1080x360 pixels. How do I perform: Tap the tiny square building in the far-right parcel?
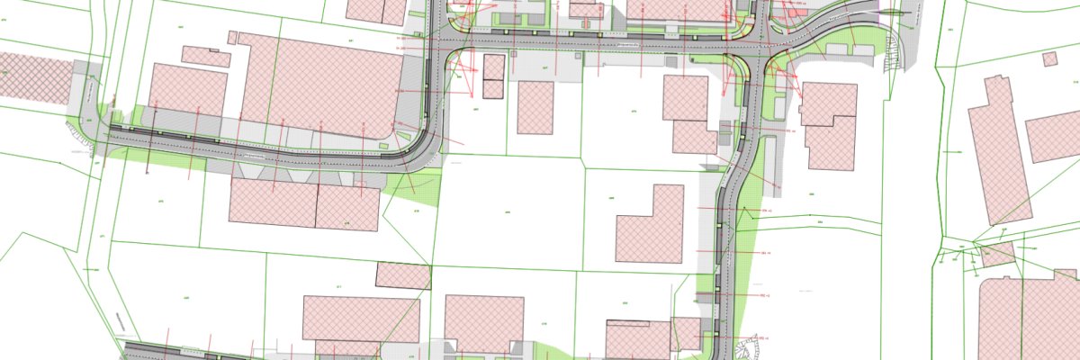click(x=1049, y=58)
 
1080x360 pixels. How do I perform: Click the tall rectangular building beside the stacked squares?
click(x=535, y=107)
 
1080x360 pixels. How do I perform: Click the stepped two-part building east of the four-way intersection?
click(x=828, y=126)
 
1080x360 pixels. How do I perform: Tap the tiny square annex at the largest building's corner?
click(x=232, y=38)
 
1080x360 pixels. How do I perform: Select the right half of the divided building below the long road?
click(x=347, y=208)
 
